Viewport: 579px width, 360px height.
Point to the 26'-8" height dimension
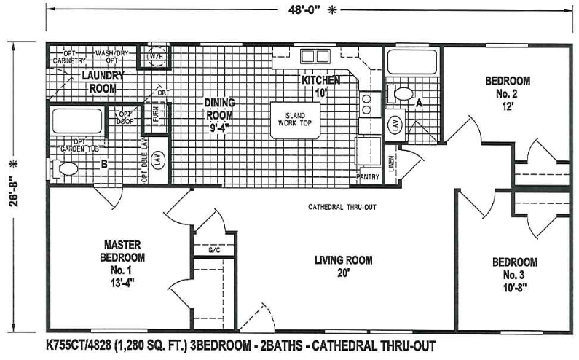tap(12, 181)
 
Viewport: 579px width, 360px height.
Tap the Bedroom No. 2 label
tap(507, 93)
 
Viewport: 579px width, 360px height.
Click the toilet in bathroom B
tap(64, 169)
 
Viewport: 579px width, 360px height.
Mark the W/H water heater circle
tap(156, 58)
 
